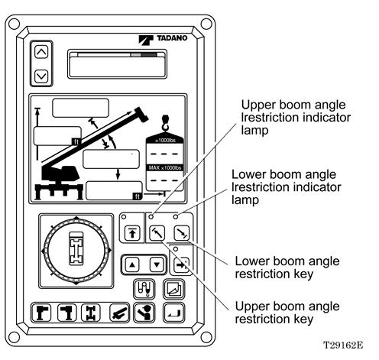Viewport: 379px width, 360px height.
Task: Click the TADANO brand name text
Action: (x=172, y=38)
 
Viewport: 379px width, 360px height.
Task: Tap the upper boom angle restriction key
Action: (x=157, y=233)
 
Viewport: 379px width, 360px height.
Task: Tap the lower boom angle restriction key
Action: (x=182, y=233)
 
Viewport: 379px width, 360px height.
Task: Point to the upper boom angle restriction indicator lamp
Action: (x=151, y=217)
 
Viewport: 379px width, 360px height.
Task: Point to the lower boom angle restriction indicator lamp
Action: (x=176, y=217)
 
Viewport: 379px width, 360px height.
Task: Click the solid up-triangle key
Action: (x=132, y=264)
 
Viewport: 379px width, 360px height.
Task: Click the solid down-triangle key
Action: (x=157, y=264)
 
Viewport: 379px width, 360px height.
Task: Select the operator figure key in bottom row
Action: (x=144, y=313)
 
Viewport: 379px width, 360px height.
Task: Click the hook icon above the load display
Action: (x=165, y=124)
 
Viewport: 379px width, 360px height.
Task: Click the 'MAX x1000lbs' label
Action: (x=165, y=168)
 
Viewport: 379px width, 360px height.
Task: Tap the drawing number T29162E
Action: (x=343, y=345)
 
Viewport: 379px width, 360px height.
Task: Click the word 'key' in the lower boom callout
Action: (x=303, y=274)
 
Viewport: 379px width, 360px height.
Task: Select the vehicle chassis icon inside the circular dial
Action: (x=76, y=248)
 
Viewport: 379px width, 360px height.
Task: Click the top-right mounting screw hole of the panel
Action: (x=206, y=24)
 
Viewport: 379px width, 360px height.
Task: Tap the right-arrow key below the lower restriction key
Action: (x=181, y=265)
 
